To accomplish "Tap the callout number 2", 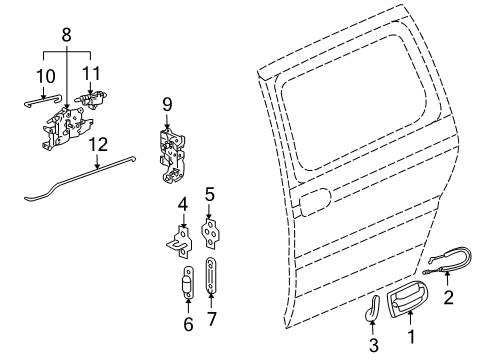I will click(x=449, y=297).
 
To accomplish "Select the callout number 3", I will click(x=372, y=345).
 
